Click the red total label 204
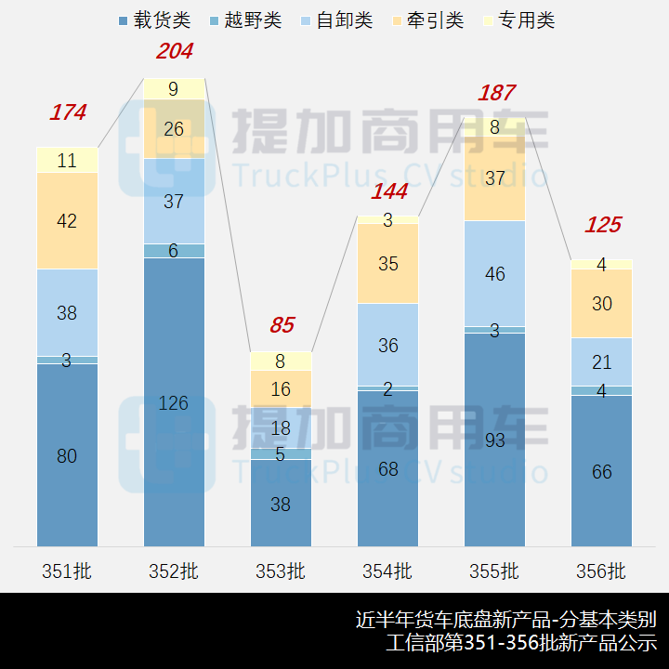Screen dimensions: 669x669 pyautogui.click(x=175, y=52)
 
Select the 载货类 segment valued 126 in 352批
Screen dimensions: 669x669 pyautogui.click(x=174, y=402)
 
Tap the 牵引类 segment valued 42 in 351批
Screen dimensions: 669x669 pyautogui.click(x=67, y=221)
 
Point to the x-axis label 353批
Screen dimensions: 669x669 pyautogui.click(x=281, y=571)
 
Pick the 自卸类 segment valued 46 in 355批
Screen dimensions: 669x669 pyautogui.click(x=494, y=274)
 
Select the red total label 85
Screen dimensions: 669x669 pyautogui.click(x=282, y=326)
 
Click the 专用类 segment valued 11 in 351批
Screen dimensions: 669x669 pyautogui.click(x=67, y=161)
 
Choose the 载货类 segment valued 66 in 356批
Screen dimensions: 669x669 pyautogui.click(x=601, y=471)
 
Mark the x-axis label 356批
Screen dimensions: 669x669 pyautogui.click(x=601, y=571)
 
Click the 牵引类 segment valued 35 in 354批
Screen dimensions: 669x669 pyautogui.click(x=387, y=264)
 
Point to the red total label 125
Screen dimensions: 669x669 pyautogui.click(x=602, y=225)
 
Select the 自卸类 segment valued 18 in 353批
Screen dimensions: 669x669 pyautogui.click(x=281, y=428)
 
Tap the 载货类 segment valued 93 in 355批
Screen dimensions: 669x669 pyautogui.click(x=494, y=439)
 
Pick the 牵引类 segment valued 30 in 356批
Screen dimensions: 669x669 pyautogui.click(x=601, y=304)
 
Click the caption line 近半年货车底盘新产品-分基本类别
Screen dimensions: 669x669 pyautogui.click(x=506, y=619)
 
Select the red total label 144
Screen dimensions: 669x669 pyautogui.click(x=389, y=192)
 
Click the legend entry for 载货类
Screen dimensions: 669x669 pyautogui.click(x=154, y=20)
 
